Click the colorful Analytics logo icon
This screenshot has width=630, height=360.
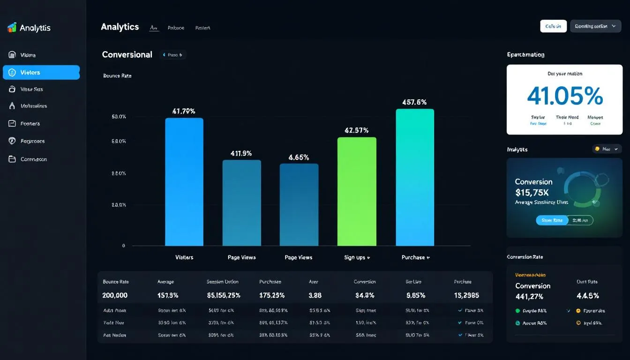coord(12,28)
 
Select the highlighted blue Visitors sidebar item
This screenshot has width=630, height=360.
coord(41,73)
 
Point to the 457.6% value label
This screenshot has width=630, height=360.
coord(414,102)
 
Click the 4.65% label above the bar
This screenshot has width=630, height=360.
coord(299,157)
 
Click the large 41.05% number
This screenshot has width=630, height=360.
coord(564,96)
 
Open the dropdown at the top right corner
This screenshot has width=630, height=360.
coord(595,26)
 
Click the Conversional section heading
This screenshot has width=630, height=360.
coord(127,55)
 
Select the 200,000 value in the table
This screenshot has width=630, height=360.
coord(115,296)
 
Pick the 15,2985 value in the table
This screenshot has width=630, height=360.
coord(466,296)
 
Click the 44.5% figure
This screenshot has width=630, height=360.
coord(587,296)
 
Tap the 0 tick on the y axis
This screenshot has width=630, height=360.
coord(123,246)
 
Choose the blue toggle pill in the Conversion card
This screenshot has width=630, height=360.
coord(552,220)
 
